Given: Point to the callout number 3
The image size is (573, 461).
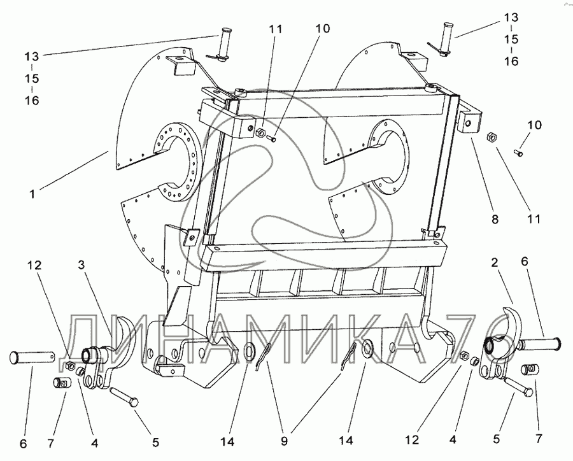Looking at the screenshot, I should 82,264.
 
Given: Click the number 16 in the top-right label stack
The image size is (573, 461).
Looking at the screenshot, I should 511,61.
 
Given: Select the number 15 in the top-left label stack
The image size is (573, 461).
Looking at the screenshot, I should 31,78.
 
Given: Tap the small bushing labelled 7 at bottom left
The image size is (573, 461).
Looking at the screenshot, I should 60,384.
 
